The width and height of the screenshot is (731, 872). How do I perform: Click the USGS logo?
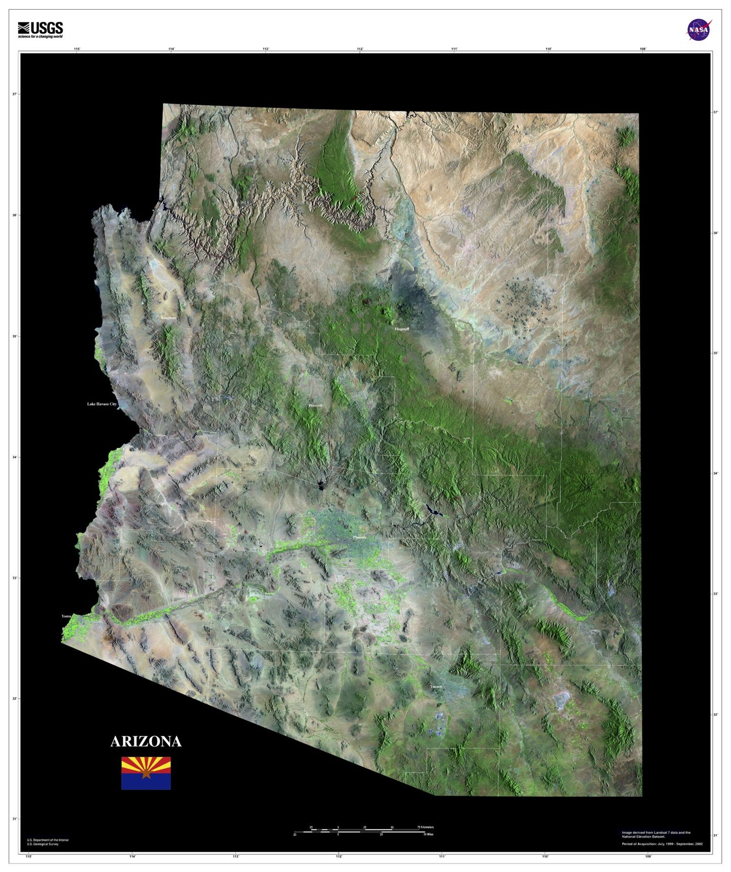[40, 30]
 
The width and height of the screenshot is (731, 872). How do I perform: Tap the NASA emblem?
[699, 30]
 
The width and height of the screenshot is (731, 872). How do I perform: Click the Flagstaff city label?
[402, 329]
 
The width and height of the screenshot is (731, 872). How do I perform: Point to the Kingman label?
[168, 318]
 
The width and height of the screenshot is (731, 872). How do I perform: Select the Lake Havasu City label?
[102, 404]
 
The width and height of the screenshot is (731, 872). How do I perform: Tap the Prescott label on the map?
[315, 406]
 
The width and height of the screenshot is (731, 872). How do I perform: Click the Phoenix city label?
[360, 537]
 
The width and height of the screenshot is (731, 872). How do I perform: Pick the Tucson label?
[436, 687]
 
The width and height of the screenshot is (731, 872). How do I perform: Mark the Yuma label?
[66, 616]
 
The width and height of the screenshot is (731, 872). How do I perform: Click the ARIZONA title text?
[146, 741]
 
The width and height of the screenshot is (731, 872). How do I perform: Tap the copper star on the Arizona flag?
[146, 773]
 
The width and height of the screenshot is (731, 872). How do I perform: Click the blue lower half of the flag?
[146, 782]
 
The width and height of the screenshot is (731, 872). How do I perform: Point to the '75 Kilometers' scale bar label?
[425, 827]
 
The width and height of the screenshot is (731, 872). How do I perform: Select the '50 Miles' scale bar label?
[428, 835]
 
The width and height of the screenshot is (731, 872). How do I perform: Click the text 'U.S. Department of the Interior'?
[48, 840]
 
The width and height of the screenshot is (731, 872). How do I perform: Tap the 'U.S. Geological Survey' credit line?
[42, 844]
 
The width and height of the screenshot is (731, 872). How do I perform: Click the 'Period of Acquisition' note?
[662, 844]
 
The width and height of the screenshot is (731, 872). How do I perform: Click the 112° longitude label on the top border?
[360, 49]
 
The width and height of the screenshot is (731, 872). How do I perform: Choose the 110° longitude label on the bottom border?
[545, 857]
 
